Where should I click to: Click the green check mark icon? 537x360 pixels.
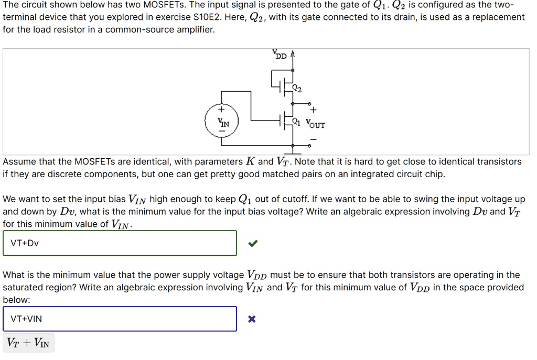[x=253, y=243]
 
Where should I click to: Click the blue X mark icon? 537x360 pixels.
[x=252, y=319]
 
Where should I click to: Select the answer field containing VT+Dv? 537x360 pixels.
[x=120, y=243]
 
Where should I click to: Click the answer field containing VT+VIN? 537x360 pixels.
[x=120, y=319]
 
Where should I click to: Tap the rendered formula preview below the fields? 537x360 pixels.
[x=28, y=343]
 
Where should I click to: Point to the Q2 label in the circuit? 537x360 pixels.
[x=297, y=90]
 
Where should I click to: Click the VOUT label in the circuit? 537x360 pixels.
[x=315, y=125]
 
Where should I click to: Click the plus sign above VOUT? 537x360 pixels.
[x=314, y=111]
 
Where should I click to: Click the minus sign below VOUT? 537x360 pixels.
[x=314, y=139]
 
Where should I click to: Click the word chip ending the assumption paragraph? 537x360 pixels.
[x=435, y=174]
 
